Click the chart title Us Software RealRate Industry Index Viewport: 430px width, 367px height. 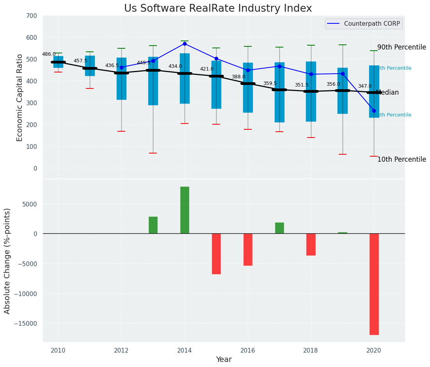pyautogui.click(x=218, y=9)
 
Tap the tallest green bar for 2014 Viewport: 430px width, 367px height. pyautogui.click(x=185, y=210)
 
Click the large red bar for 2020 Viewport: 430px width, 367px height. pyautogui.click(x=374, y=284)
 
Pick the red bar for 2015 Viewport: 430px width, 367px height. pyautogui.click(x=216, y=254)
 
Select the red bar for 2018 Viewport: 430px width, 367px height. pyautogui.click(x=311, y=244)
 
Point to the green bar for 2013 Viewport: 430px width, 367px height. pyautogui.click(x=153, y=225)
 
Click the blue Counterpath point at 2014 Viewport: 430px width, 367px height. pyautogui.click(x=185, y=44)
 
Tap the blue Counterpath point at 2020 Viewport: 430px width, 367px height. pyautogui.click(x=374, y=111)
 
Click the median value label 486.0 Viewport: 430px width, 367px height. pyautogui.click(x=49, y=55)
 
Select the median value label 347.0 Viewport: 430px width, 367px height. pyautogui.click(x=365, y=86)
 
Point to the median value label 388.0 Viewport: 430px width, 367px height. pyautogui.click(x=238, y=77)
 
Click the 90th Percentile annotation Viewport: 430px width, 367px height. pyautogui.click(x=402, y=47)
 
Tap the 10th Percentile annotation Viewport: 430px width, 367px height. pyautogui.click(x=402, y=159)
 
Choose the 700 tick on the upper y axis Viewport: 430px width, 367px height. pyautogui.click(x=32, y=16)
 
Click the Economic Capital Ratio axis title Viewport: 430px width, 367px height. pyautogui.click(x=20, y=97)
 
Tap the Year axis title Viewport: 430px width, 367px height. pyautogui.click(x=224, y=360)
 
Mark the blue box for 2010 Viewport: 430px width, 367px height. pyautogui.click(x=58, y=62)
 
